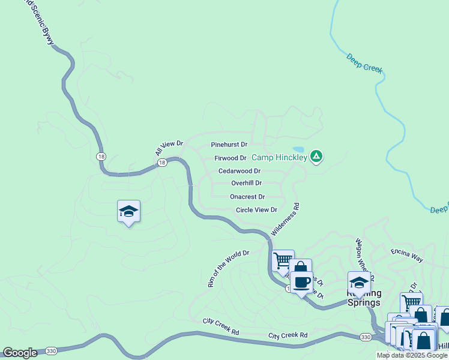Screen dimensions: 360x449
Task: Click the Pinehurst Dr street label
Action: click(229, 145)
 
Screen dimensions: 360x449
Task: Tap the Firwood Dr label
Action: click(231, 158)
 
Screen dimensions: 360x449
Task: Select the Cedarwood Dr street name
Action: click(239, 171)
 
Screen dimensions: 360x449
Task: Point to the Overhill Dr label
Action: click(246, 183)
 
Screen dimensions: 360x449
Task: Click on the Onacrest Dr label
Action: click(247, 197)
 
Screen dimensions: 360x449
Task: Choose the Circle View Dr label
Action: click(256, 210)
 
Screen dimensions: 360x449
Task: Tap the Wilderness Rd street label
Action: click(285, 219)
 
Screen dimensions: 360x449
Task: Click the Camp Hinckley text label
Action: click(279, 158)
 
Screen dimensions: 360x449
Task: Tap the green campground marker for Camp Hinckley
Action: click(316, 157)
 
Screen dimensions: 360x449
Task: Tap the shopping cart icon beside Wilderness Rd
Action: click(283, 260)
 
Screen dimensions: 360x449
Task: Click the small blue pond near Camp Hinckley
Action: click(298, 149)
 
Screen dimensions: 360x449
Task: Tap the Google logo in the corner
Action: click(20, 353)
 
